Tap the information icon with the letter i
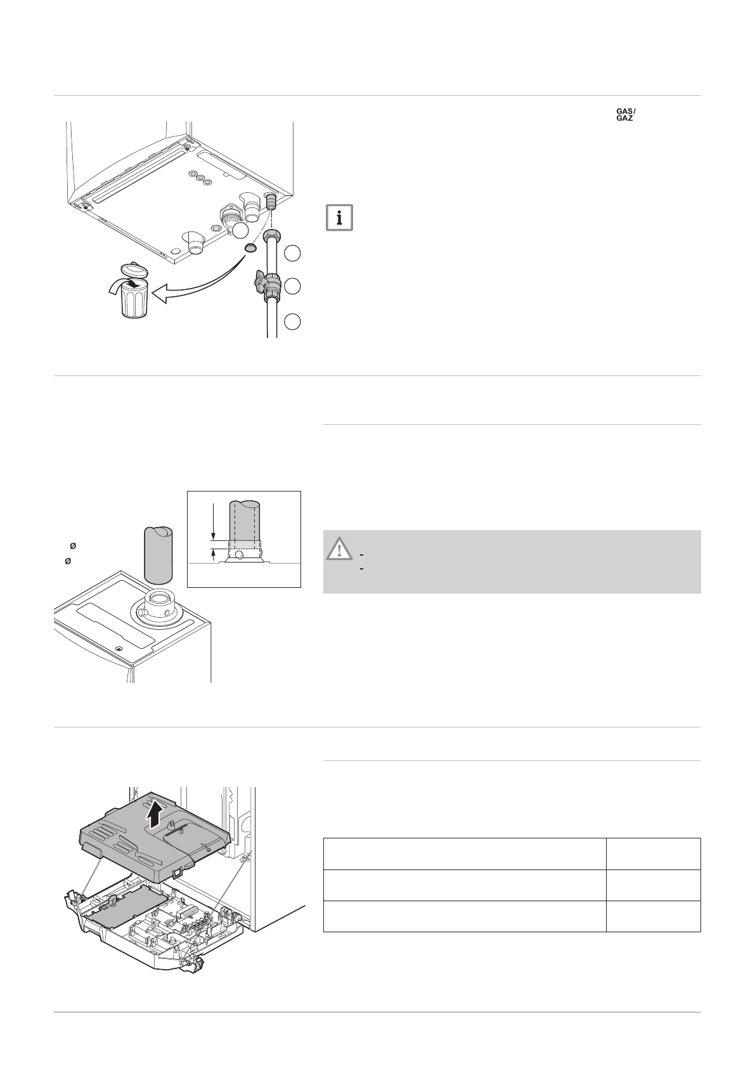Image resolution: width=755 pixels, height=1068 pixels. click(340, 218)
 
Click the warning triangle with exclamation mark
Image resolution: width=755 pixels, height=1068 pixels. click(340, 548)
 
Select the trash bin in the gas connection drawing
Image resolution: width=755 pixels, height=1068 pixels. click(135, 301)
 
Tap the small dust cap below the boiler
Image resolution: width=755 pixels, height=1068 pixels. click(250, 247)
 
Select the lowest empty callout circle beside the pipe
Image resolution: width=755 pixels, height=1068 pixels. click(292, 322)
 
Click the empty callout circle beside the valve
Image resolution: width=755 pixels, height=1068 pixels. click(292, 286)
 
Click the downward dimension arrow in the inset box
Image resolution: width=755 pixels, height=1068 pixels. click(215, 520)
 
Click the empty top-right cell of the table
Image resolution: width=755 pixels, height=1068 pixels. click(653, 854)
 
